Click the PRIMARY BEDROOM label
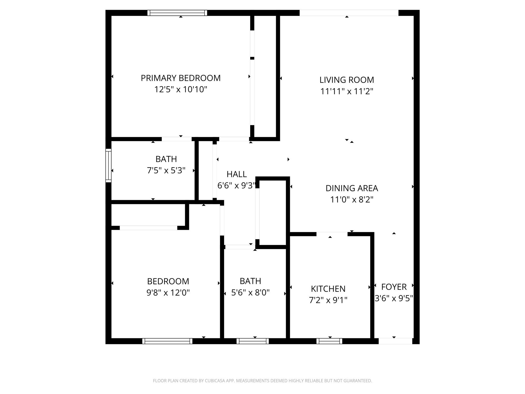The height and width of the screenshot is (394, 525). [180, 78]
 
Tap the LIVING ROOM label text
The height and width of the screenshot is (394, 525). [347, 80]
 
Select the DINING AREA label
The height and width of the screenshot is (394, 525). [352, 188]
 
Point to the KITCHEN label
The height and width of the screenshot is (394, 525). [328, 289]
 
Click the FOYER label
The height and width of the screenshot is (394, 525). [394, 287]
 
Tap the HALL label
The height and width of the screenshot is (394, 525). [237, 174]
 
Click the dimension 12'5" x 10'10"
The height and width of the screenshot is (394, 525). [180, 90]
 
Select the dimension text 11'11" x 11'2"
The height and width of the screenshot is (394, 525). [347, 91]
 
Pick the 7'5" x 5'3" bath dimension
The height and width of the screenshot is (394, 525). [166, 170]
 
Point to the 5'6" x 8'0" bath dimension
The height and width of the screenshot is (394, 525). [250, 292]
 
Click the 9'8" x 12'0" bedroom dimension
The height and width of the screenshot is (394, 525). [168, 293]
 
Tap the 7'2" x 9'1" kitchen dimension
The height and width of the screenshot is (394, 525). [328, 300]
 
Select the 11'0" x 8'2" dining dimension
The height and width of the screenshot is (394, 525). [352, 200]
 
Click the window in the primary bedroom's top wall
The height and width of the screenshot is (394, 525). [177, 13]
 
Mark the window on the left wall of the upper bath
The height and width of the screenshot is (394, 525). [108, 165]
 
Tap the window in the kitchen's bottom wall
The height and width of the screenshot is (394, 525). [329, 341]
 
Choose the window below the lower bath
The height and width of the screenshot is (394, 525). [253, 341]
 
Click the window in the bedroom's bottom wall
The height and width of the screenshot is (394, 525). [167, 341]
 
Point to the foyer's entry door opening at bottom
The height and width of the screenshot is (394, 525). [395, 341]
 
